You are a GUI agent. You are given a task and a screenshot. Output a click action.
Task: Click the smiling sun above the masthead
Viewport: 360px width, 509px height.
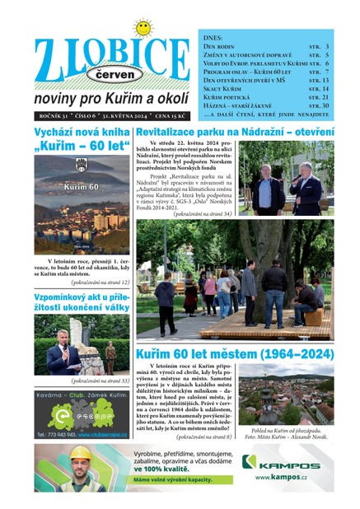[143, 29]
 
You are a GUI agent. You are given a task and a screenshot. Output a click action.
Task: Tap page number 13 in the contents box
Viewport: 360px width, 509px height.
[325, 79]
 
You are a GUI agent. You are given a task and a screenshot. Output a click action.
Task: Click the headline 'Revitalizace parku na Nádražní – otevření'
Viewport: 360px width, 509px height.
[235, 132]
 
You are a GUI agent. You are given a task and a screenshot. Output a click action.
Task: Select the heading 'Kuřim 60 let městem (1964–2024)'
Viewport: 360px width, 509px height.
[235, 354]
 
